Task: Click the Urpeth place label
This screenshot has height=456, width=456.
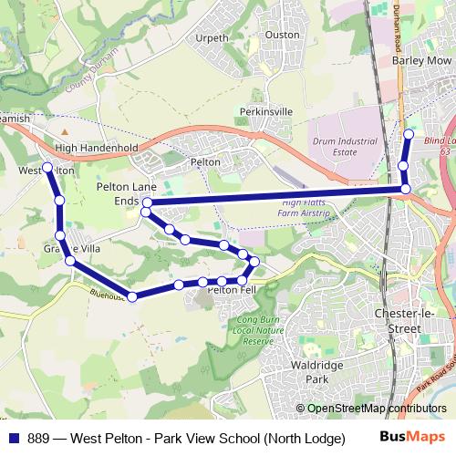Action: click(x=212, y=39)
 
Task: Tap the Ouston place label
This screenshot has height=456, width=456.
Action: click(x=282, y=35)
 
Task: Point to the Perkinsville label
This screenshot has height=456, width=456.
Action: click(x=265, y=111)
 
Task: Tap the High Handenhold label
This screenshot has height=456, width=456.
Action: click(x=96, y=147)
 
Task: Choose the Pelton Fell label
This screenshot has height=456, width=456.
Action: click(x=233, y=290)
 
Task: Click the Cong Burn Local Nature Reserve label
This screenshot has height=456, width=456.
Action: click(x=255, y=329)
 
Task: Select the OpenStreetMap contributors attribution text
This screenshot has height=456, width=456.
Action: click(x=376, y=409)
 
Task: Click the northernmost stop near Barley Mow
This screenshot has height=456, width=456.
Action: click(x=409, y=134)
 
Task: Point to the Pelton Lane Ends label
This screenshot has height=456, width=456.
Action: click(x=116, y=191)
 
